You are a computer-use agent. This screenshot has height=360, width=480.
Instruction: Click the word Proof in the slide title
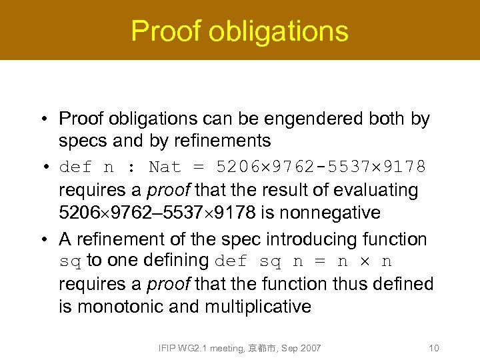click(x=161, y=31)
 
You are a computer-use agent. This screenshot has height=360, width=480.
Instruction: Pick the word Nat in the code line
click(x=163, y=166)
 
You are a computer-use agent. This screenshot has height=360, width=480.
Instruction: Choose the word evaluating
click(x=379, y=191)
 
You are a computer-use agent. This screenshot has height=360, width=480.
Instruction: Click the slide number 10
click(x=433, y=348)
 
